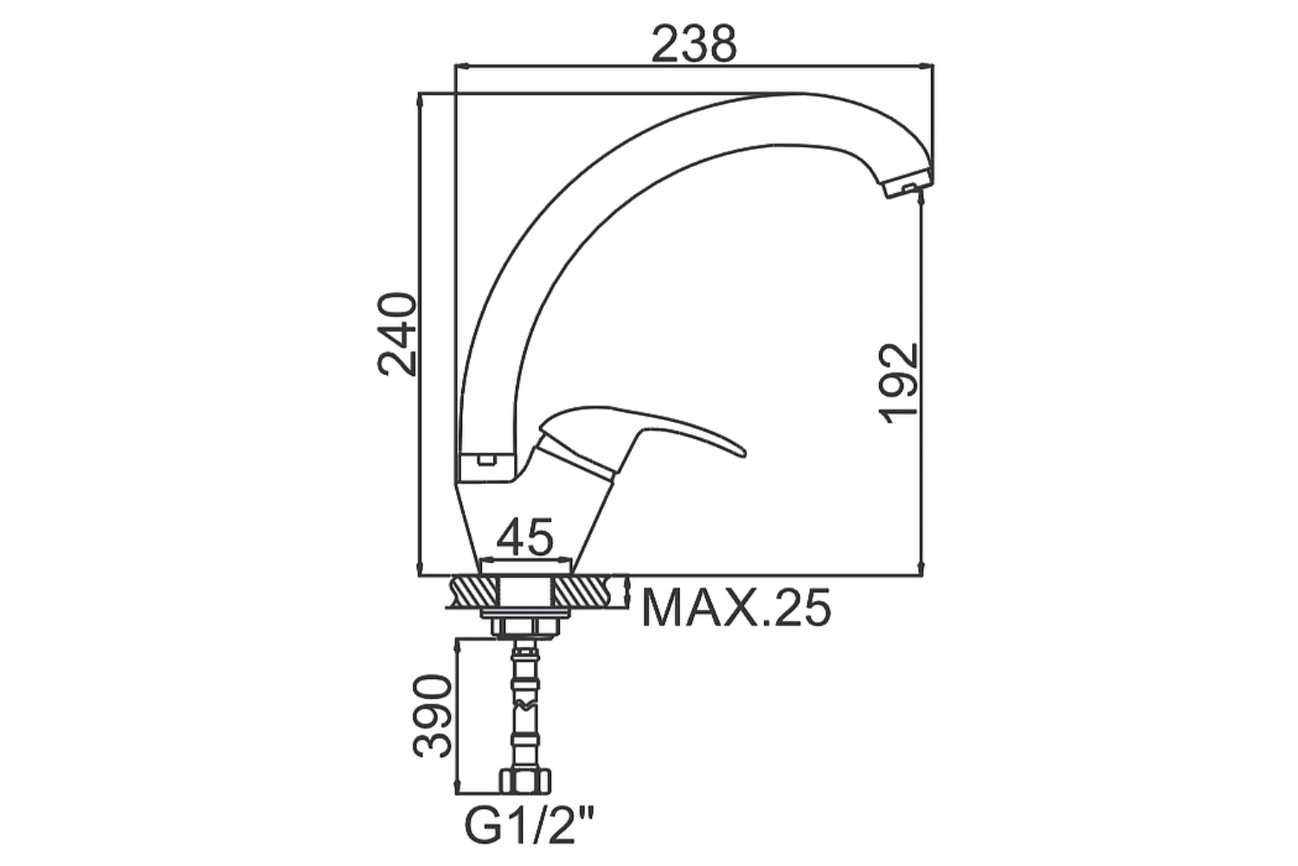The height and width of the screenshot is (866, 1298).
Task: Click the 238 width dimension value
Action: (x=694, y=44)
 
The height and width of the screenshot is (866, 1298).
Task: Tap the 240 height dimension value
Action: (x=397, y=334)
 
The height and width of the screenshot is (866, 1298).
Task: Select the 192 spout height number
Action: (x=899, y=384)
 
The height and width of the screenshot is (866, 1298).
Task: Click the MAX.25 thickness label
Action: (x=736, y=608)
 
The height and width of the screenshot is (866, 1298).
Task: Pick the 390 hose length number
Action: (x=432, y=716)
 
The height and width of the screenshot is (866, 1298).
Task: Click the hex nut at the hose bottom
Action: (x=525, y=781)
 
